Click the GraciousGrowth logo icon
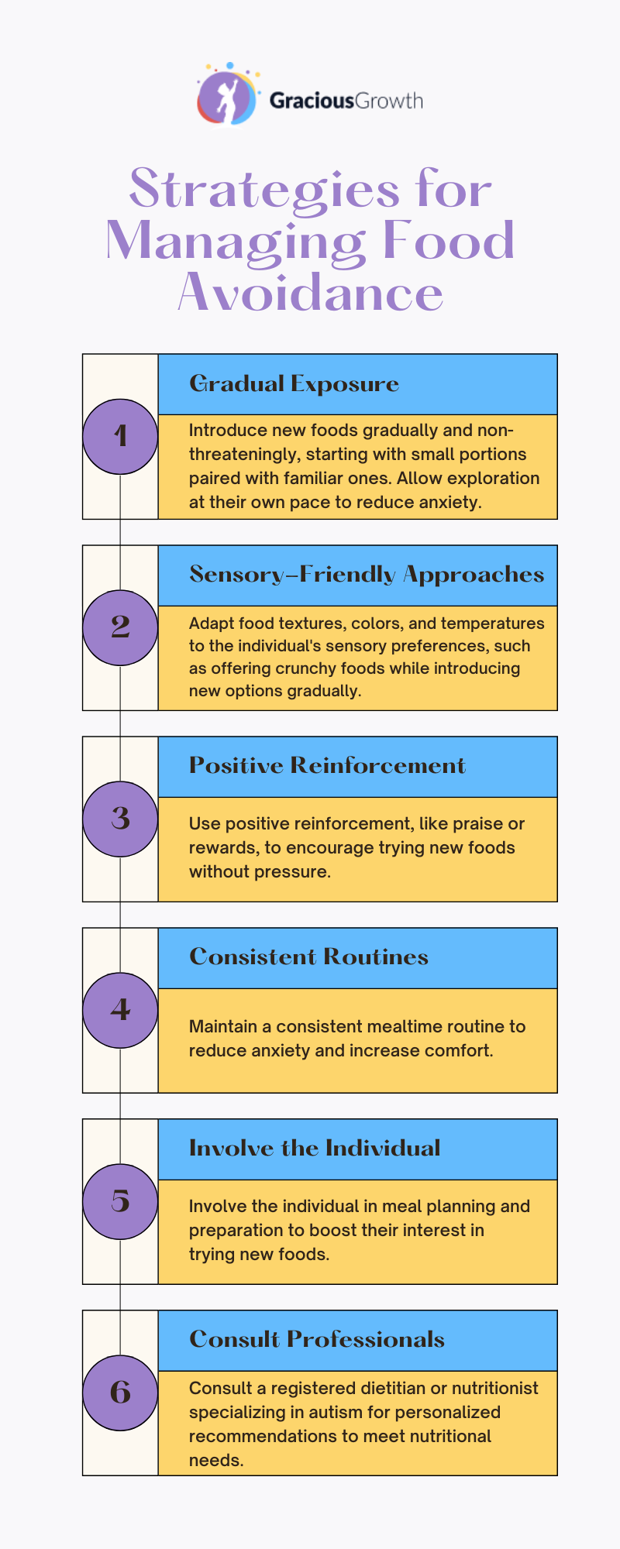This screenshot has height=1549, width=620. click(x=227, y=94)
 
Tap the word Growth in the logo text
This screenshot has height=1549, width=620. click(x=389, y=101)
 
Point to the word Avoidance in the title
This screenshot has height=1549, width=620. click(x=311, y=293)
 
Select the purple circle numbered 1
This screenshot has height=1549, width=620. click(x=120, y=436)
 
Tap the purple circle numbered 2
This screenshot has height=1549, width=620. click(x=120, y=627)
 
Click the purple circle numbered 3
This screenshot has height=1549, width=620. click(x=120, y=819)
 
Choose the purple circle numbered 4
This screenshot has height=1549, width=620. click(x=120, y=1010)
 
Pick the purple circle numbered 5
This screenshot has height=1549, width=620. click(x=120, y=1201)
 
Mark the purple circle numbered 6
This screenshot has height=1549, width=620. click(x=120, y=1393)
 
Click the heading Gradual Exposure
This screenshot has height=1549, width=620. click(x=294, y=384)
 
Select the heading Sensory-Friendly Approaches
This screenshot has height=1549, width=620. click(x=367, y=575)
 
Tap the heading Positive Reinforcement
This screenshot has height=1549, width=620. click(x=327, y=766)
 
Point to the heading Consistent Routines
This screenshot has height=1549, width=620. click(x=308, y=957)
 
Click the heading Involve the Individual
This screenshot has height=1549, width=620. click(x=315, y=1149)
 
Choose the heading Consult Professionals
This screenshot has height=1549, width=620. click(x=317, y=1340)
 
